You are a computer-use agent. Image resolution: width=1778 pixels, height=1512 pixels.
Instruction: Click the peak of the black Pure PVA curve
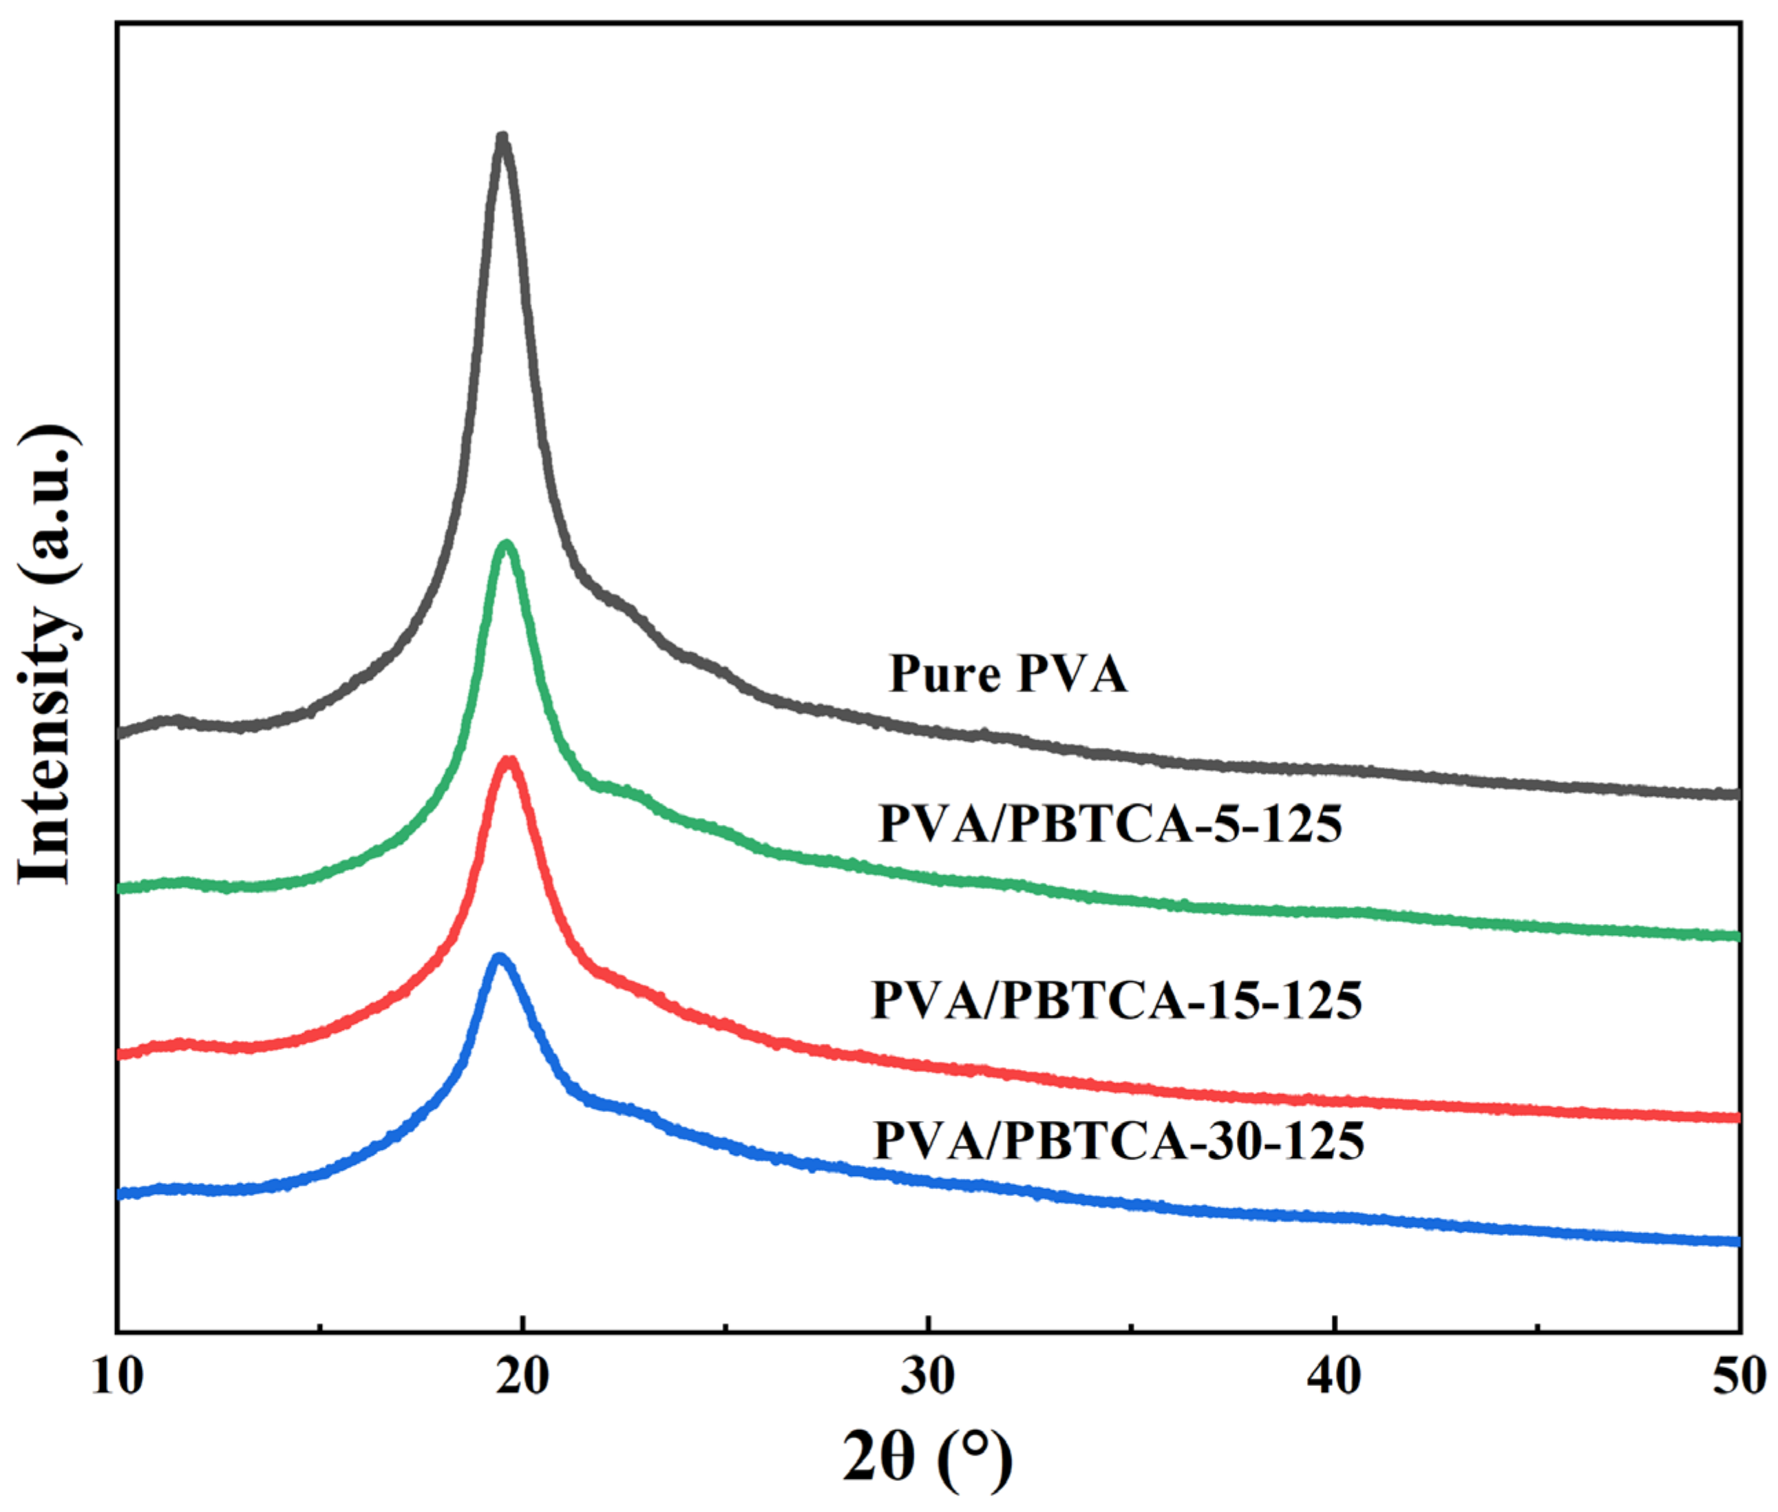click(502, 138)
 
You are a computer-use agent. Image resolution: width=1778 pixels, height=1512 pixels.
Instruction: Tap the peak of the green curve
click(507, 545)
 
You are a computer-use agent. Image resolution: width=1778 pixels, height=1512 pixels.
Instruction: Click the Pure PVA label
click(1008, 673)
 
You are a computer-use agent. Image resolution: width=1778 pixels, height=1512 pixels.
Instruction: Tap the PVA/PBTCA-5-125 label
click(1110, 825)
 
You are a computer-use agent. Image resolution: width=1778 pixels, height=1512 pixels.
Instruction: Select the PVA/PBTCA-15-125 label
click(1116, 1000)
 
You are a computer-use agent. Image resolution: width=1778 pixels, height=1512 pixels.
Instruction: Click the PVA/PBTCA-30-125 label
click(1118, 1140)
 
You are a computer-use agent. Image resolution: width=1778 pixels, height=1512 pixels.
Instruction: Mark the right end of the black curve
click(1737, 794)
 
